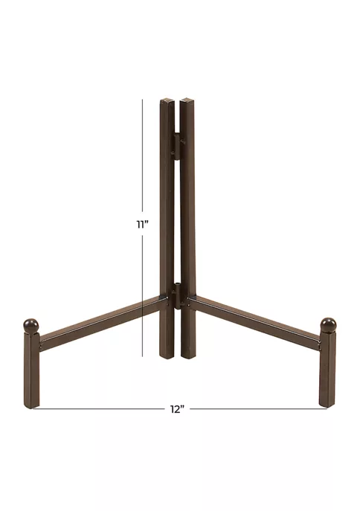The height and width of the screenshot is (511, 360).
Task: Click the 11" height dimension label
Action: point(142,225)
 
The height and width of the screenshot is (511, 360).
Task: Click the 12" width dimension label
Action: point(177,409)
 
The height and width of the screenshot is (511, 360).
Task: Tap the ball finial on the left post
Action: point(31,325)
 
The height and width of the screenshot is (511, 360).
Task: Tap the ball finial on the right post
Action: point(329,324)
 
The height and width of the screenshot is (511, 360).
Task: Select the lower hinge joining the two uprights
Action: point(179,296)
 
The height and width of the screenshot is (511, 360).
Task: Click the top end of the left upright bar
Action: point(166,100)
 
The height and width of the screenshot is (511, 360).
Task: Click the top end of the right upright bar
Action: point(187,100)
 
